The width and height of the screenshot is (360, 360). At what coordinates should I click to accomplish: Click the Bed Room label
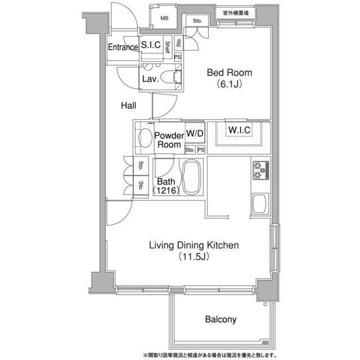pos(229,73)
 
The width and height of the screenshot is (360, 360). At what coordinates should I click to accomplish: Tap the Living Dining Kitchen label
pos(194,245)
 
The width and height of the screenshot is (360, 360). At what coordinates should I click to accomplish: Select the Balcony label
pos(220,319)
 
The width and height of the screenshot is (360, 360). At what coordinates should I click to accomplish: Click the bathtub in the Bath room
pos(191,177)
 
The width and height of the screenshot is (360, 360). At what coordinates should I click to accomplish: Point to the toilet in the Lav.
pos(171,77)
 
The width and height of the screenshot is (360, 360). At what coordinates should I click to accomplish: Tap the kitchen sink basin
pos(260,204)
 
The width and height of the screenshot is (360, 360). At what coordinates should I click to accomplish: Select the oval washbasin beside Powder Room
pos(145,137)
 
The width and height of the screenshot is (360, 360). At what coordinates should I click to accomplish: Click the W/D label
pos(195,133)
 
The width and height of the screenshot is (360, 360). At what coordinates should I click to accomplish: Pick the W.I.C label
pos(239,130)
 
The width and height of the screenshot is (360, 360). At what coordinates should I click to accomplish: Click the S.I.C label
pos(151,45)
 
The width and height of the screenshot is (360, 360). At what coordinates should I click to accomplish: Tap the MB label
pos(164,19)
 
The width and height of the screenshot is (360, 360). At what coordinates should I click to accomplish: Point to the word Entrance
pos(123,47)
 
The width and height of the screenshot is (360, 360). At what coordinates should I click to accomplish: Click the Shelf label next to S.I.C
pos(168,47)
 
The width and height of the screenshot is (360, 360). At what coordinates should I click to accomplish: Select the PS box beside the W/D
pos(201,150)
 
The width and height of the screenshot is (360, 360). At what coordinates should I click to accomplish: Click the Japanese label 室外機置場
pos(236,13)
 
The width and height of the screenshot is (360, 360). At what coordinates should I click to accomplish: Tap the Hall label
pos(129,106)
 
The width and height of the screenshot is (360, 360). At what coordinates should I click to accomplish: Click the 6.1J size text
pos(229,84)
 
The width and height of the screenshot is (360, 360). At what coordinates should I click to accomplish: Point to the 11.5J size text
pos(194,256)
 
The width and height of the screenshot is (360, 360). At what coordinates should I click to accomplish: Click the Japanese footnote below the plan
pos(210,355)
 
